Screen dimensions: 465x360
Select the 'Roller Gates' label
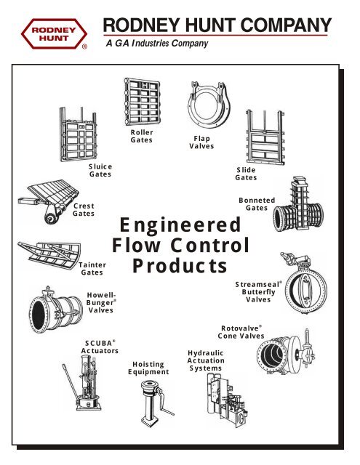coord(141,136)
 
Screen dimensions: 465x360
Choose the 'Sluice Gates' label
coord(100,171)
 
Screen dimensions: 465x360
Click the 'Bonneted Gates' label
coord(257,203)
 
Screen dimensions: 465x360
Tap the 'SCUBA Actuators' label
coord(100,346)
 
